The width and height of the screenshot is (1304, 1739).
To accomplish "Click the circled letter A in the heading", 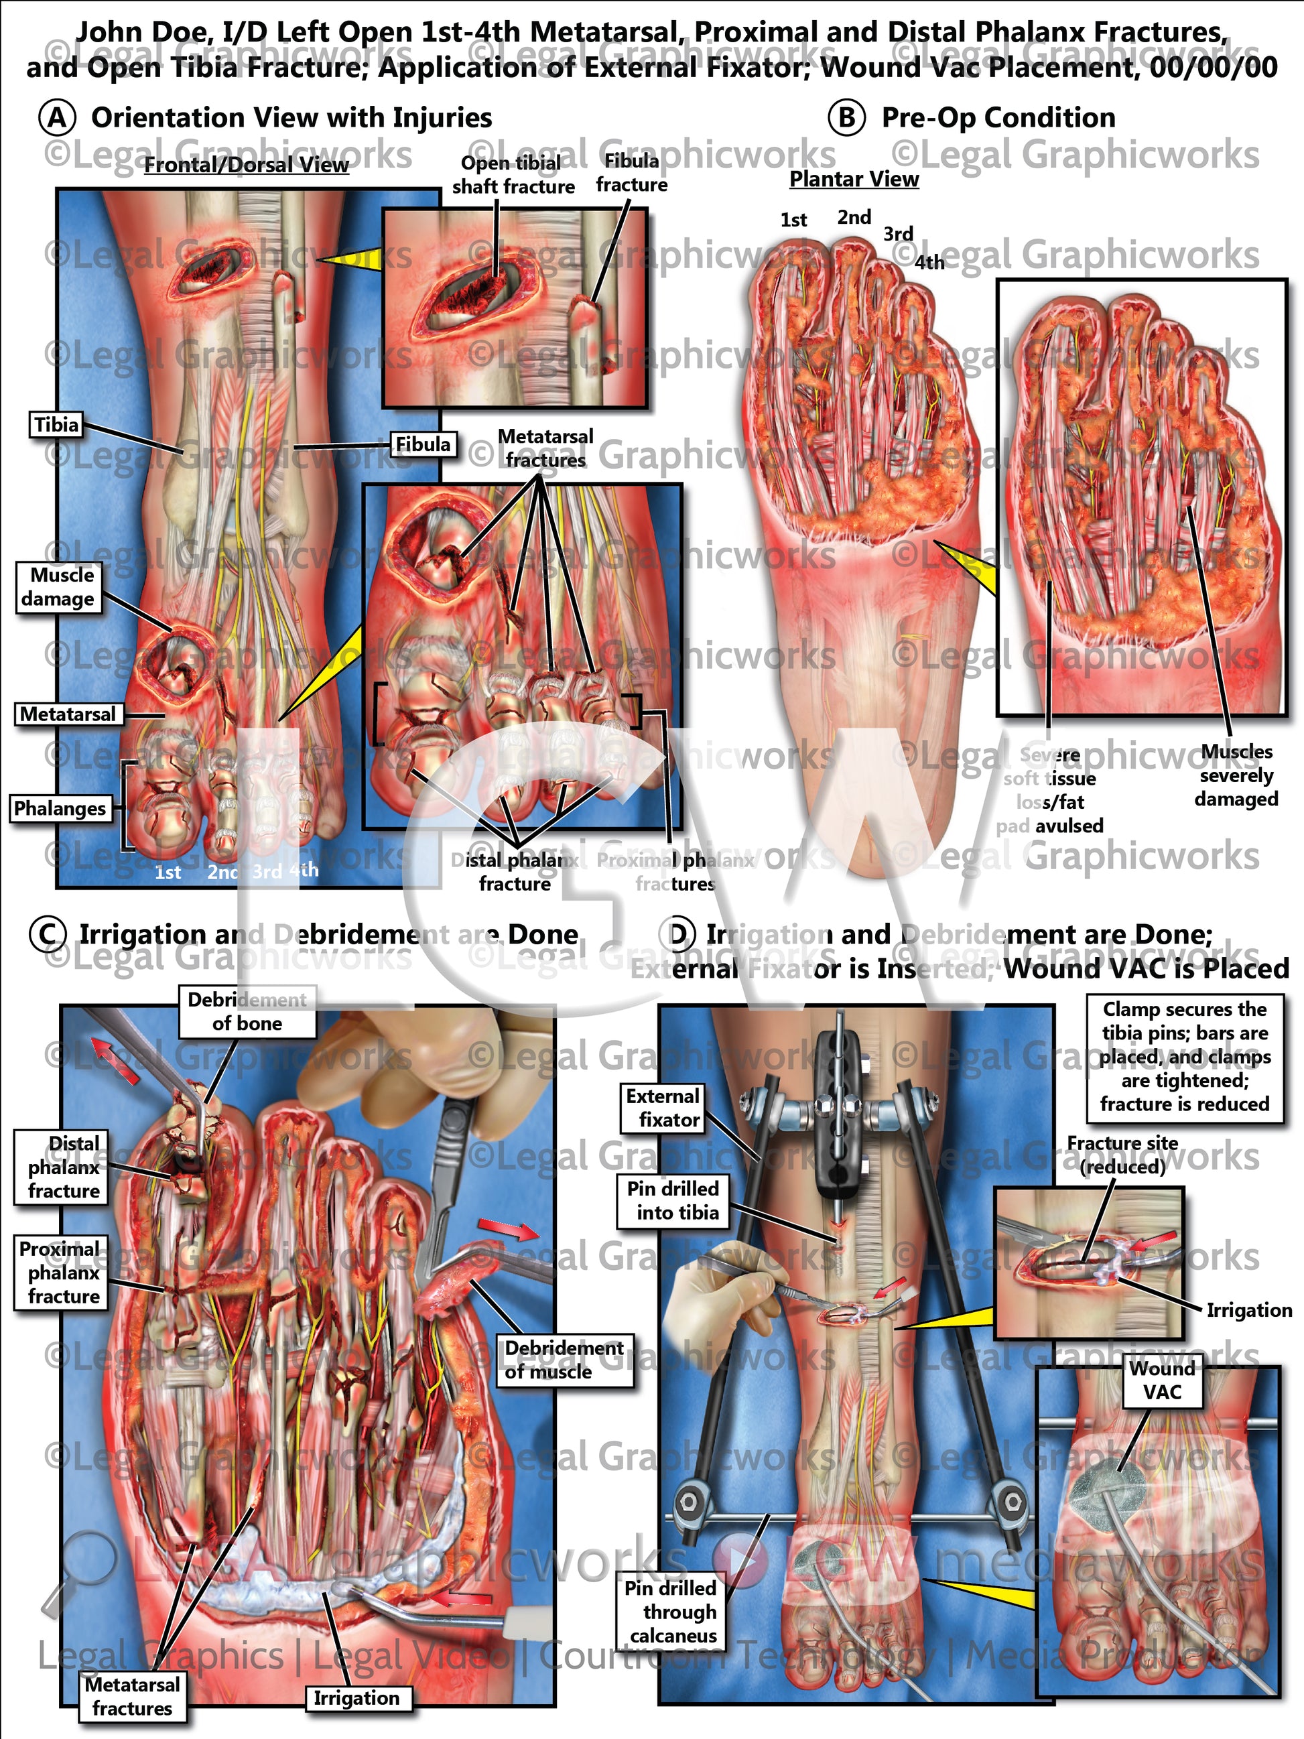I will pyautogui.click(x=56, y=118).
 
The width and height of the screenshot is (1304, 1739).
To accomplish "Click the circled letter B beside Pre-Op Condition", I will pyautogui.click(x=846, y=118).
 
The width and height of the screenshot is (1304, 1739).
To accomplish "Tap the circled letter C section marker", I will pyautogui.click(x=47, y=935).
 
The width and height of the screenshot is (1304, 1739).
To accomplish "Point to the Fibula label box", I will pyautogui.click(x=423, y=444).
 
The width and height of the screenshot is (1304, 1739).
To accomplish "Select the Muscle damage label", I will pyautogui.click(x=58, y=586).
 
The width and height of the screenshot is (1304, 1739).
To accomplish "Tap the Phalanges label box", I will pyautogui.click(x=60, y=808).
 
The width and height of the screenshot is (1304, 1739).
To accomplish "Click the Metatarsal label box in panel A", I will pyautogui.click(x=68, y=714).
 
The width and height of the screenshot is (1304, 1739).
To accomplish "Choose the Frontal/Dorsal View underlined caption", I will pyautogui.click(x=246, y=164).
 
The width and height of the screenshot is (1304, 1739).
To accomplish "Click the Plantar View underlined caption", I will pyautogui.click(x=854, y=179).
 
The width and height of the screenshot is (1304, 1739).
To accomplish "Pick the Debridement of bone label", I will pyautogui.click(x=247, y=1012).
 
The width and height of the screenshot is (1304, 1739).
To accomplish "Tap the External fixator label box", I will pyautogui.click(x=663, y=1108).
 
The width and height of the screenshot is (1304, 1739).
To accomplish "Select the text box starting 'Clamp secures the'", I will pyautogui.click(x=1185, y=1057).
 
